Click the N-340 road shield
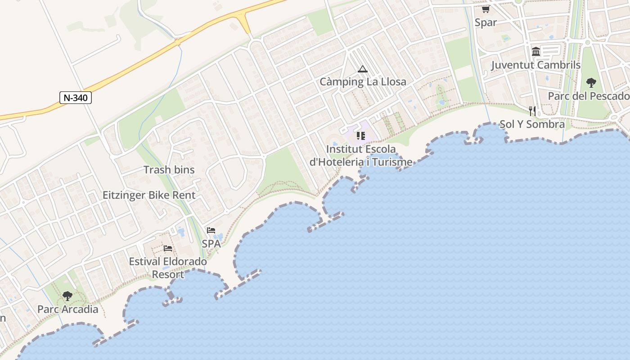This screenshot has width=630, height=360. click(76, 98)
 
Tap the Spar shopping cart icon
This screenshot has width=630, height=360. click(486, 9)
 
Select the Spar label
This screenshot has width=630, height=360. click(486, 22)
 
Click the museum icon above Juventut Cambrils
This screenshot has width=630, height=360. click(535, 52)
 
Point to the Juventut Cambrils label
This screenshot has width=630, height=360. click(535, 65)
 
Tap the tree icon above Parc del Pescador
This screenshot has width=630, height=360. click(591, 83)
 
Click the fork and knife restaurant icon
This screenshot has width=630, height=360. click(532, 111)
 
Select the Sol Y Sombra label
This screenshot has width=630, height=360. click(532, 124)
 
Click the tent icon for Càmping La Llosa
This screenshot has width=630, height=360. click(363, 69)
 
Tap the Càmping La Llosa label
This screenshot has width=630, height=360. click(363, 82)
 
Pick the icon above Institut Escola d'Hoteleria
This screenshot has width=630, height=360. click(360, 135)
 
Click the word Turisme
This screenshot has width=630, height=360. click(390, 162)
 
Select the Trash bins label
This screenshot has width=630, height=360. click(169, 170)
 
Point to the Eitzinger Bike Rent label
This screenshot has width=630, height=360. click(149, 195)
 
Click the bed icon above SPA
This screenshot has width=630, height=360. click(211, 230)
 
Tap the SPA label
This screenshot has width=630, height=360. click(211, 243)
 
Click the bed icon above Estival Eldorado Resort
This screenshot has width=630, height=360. click(168, 248)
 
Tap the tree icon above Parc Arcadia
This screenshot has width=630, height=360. click(67, 296)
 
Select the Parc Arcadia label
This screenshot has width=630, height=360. click(67, 309)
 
